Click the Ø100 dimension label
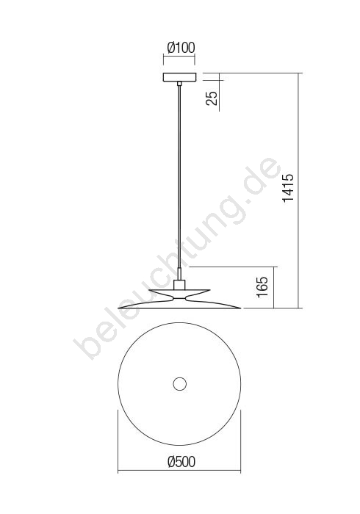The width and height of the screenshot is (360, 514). pyautogui.click(x=181, y=48)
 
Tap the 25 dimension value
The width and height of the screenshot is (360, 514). pyautogui.click(x=212, y=98)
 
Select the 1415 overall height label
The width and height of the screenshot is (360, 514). pyautogui.click(x=289, y=188)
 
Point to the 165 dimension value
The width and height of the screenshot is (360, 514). pyautogui.click(x=262, y=287)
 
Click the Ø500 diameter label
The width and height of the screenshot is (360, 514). pyautogui.click(x=181, y=462)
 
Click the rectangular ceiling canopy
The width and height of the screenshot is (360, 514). pyautogui.click(x=179, y=77)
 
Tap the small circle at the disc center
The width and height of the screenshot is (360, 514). pyautogui.click(x=179, y=383)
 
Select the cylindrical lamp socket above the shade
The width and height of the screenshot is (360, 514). pyautogui.click(x=179, y=285)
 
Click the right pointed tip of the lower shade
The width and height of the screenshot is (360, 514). pyautogui.click(x=241, y=308)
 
